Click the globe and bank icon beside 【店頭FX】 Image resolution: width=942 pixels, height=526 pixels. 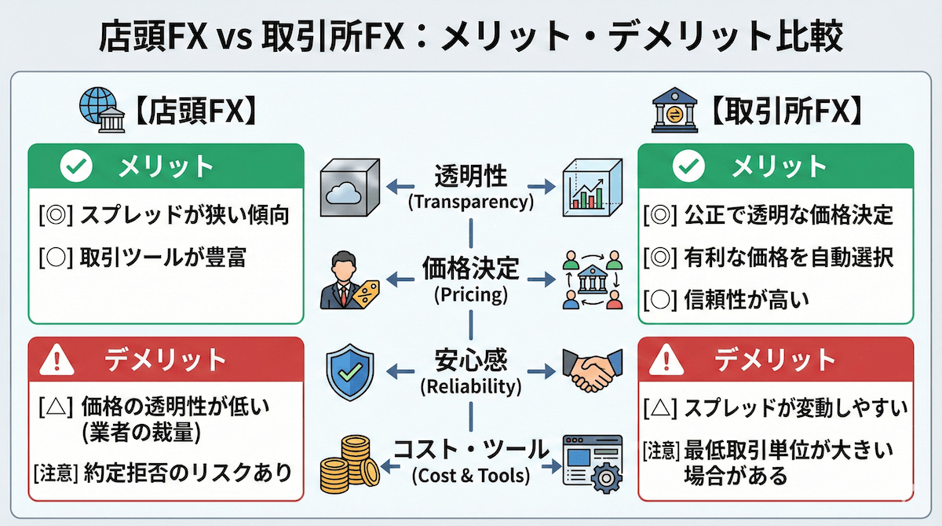pyautogui.click(x=99, y=108)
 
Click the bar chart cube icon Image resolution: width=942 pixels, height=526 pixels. pyautogui.click(x=592, y=188)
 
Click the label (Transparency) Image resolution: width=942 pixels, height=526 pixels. pyautogui.click(x=470, y=202)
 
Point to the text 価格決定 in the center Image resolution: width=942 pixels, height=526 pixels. pyautogui.click(x=470, y=268)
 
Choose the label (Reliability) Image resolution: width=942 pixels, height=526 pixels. pyautogui.click(x=470, y=386)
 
